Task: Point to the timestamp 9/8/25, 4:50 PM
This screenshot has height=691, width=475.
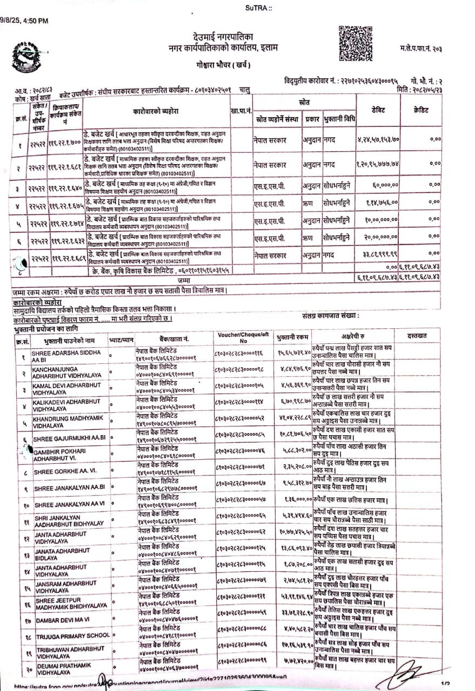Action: (24, 21)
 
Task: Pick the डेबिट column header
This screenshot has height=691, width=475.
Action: (378, 110)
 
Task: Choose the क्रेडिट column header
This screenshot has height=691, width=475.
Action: (421, 110)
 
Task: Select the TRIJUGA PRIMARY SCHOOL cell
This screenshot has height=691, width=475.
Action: (72, 635)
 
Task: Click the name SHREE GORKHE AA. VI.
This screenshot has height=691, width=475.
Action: (65, 472)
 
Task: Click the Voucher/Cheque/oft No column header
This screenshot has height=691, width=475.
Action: (243, 338)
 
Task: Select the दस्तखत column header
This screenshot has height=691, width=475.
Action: (417, 336)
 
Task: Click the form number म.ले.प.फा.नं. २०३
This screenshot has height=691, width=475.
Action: (422, 49)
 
